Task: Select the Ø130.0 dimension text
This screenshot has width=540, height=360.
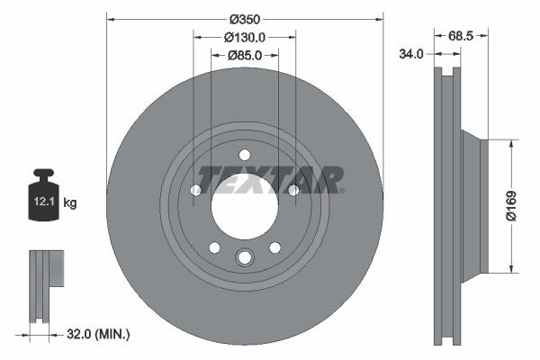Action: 244,37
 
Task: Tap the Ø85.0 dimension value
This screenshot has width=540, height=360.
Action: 244,56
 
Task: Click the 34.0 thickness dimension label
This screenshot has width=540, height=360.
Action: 411,55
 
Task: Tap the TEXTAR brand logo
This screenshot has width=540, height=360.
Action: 270,179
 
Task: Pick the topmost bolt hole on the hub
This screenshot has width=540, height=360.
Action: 244,154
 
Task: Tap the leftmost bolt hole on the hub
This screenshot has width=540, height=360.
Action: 196,189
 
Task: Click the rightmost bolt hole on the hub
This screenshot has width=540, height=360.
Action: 292,189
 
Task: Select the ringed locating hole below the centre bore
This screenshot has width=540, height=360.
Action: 244,259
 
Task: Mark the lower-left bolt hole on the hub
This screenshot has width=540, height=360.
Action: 214,247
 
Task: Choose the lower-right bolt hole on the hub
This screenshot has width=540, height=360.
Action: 274,247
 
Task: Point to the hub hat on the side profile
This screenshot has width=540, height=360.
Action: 473,205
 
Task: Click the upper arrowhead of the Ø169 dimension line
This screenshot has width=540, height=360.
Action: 511,143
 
